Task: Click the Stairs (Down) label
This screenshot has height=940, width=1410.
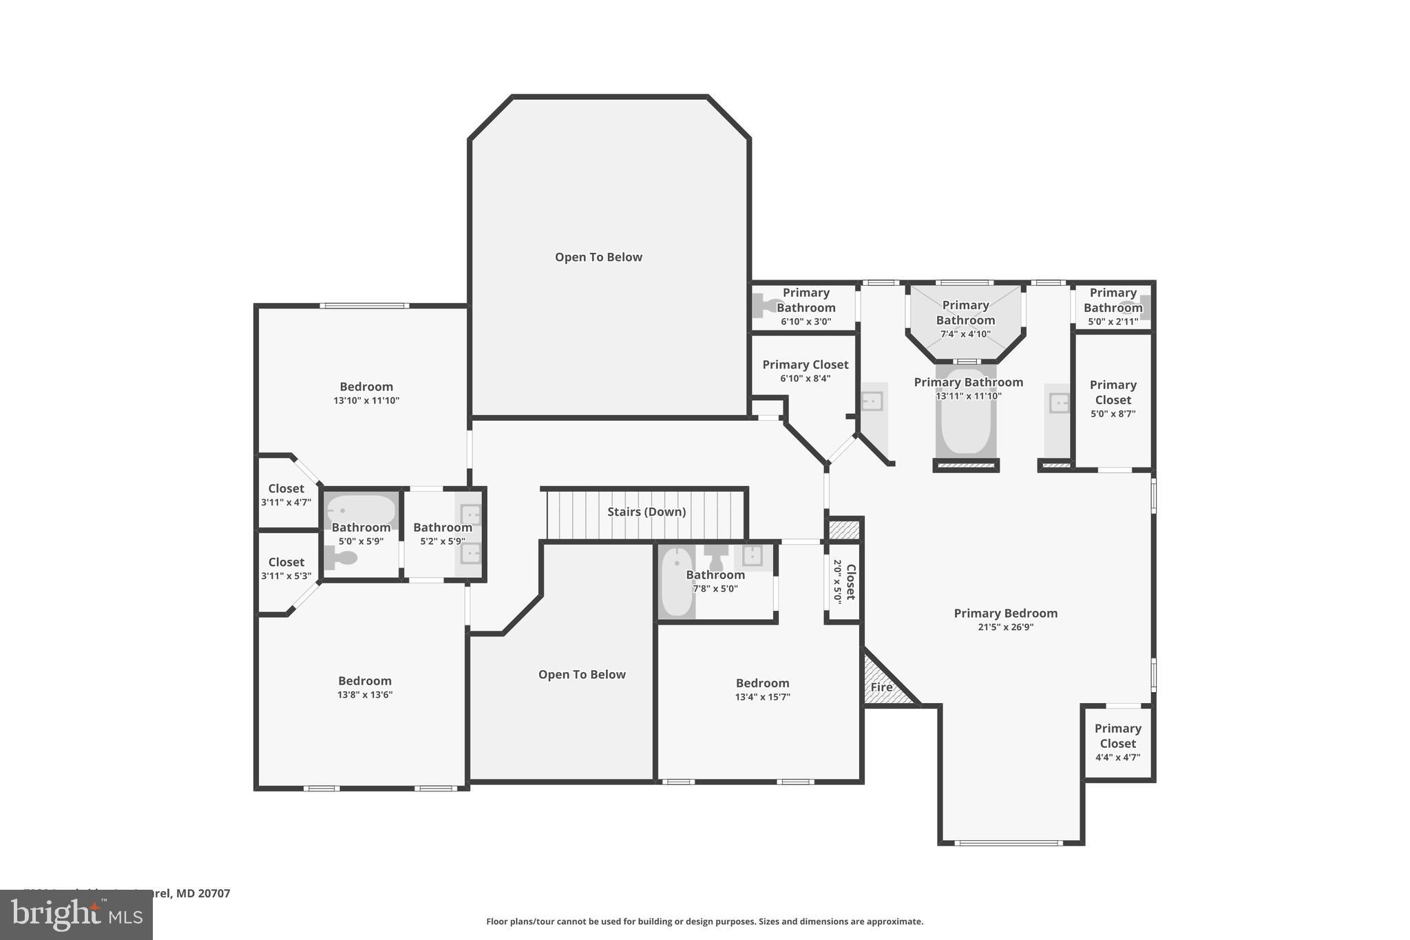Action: click(x=646, y=512)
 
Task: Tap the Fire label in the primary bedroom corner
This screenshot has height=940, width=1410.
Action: click(x=881, y=687)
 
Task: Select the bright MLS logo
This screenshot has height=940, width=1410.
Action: click(x=76, y=915)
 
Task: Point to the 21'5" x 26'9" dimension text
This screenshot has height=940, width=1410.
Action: click(x=1005, y=627)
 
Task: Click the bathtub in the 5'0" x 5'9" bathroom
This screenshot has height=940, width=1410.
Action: click(x=361, y=510)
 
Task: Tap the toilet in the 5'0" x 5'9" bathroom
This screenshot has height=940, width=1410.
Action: click(x=340, y=557)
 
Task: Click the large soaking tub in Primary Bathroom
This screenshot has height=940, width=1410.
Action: click(x=965, y=413)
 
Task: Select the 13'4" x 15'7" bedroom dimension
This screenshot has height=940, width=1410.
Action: click(x=762, y=697)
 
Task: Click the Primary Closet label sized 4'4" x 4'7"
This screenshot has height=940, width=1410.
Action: click(x=1117, y=735)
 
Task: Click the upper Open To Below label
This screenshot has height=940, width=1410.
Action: click(x=598, y=257)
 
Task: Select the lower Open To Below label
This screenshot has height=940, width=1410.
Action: click(x=582, y=674)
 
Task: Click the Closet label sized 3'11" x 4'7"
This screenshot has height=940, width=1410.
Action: click(x=286, y=489)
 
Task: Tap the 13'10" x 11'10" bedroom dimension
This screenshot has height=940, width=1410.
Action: click(x=366, y=401)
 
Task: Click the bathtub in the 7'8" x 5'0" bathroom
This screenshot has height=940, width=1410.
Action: click(x=677, y=582)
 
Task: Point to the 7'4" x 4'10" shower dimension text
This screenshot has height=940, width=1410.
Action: click(x=965, y=335)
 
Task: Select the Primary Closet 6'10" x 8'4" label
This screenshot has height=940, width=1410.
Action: click(x=805, y=365)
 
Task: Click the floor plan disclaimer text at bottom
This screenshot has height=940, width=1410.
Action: click(x=704, y=921)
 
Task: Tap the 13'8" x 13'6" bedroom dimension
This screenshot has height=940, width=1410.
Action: click(x=365, y=695)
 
